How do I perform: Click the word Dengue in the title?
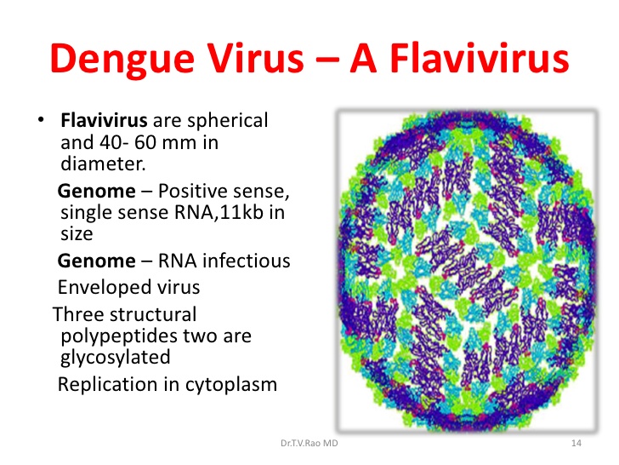(122, 60)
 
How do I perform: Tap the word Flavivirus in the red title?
(480, 58)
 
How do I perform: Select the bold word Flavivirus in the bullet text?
(104, 120)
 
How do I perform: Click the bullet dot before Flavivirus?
(41, 119)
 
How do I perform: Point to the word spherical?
(228, 121)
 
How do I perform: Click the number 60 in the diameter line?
(145, 142)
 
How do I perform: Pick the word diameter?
(103, 164)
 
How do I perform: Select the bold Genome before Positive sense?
(97, 192)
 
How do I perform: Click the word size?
(77, 233)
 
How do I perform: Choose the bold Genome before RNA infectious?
(97, 261)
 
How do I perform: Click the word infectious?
(247, 261)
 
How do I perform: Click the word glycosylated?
(116, 358)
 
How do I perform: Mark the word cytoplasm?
(231, 385)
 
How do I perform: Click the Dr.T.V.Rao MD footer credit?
(309, 443)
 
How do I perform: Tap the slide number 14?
(576, 443)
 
